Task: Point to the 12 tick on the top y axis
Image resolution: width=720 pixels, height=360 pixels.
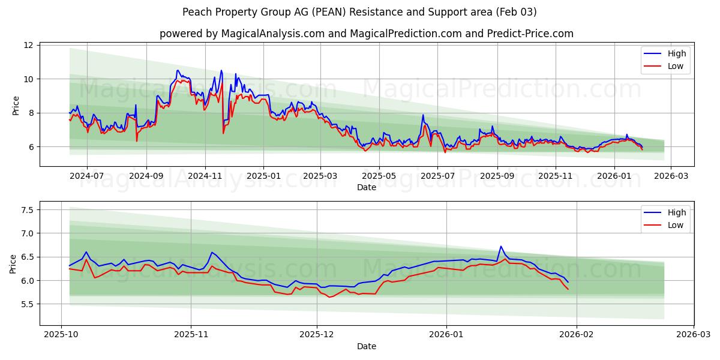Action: [28, 45]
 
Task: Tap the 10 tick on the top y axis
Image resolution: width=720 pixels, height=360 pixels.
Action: [28, 79]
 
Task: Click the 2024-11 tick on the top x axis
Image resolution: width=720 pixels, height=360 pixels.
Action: [205, 176]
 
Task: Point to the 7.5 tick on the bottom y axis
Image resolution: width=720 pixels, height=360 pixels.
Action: [26, 210]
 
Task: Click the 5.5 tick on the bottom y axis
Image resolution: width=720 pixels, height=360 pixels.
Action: [26, 304]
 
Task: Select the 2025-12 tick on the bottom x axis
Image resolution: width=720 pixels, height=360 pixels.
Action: [317, 334]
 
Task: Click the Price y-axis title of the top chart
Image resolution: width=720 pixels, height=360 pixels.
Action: [16, 105]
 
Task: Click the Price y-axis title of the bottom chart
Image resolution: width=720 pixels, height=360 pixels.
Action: [13, 263]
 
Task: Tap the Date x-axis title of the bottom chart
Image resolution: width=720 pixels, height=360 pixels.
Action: [366, 346]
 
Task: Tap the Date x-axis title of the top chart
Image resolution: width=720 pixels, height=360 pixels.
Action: [366, 187]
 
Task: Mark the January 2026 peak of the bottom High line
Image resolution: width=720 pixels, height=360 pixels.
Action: [500, 246]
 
